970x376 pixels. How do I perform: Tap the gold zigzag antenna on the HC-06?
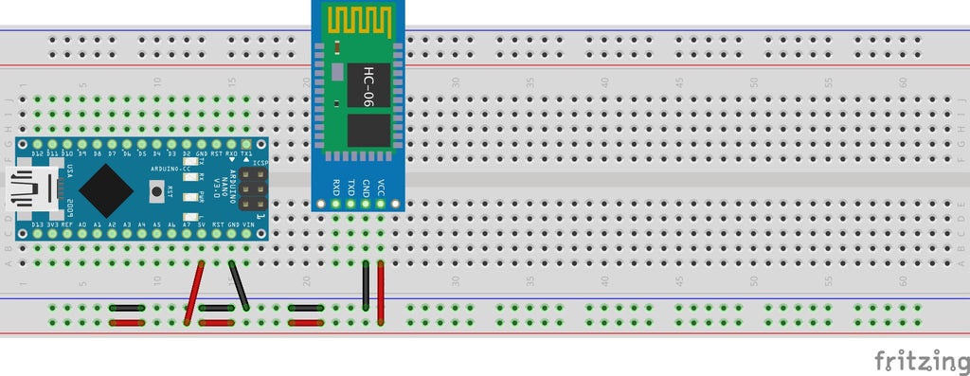point(359,19)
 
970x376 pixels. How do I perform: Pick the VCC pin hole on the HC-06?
point(381,202)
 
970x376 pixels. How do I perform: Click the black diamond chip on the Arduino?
point(105,189)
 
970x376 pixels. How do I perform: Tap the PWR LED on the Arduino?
point(190,197)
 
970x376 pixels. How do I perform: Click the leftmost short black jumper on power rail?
point(126,308)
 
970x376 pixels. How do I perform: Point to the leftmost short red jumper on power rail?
point(126,323)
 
